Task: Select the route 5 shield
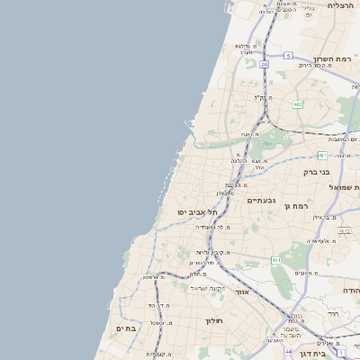288,55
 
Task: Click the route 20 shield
265,65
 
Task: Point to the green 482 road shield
298,105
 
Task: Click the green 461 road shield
276,260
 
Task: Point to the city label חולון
213,320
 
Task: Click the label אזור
240,292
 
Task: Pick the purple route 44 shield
287,352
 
